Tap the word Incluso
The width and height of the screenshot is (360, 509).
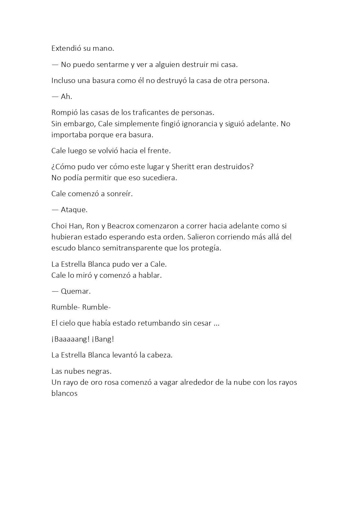coord(63,81)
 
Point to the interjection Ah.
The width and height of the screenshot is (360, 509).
coord(66,97)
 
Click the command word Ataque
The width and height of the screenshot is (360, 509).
coord(74,210)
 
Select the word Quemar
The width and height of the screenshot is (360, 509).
coord(76,291)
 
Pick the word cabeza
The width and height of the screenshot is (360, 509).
coord(160,355)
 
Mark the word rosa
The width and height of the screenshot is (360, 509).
coord(111,382)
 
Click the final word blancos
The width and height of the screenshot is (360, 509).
coord(64,394)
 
